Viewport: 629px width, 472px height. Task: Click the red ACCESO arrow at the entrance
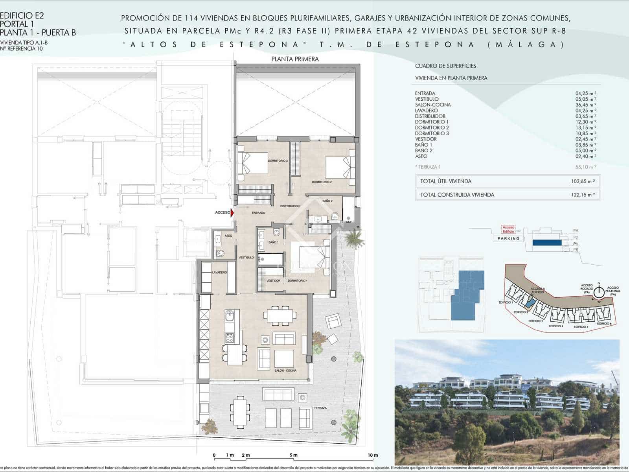tap(232, 213)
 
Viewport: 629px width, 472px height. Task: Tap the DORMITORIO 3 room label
tap(278, 161)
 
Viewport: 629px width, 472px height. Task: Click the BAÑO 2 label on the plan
tap(327, 201)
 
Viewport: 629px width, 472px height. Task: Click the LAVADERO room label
tap(219, 272)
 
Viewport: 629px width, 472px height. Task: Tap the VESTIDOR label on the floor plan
tap(273, 281)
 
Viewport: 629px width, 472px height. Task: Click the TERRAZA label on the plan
tap(320, 408)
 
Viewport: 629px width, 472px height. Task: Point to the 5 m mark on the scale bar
tap(293, 455)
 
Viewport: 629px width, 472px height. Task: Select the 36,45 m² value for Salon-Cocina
tap(586, 105)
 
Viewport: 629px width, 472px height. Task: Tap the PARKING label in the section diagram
tap(508, 238)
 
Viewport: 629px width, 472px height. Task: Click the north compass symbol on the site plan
tap(599, 293)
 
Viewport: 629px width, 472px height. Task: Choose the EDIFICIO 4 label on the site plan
tap(555, 326)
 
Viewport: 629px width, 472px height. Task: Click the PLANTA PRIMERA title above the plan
tap(295, 59)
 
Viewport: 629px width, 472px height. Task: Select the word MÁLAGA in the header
tap(527, 44)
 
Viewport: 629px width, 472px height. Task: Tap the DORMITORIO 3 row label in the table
tap(432, 133)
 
